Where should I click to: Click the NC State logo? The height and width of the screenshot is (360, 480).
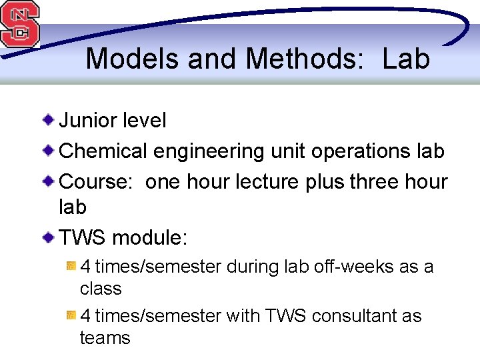[19, 24]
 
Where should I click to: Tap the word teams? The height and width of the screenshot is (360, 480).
[105, 338]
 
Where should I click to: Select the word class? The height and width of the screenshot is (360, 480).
[101, 289]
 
